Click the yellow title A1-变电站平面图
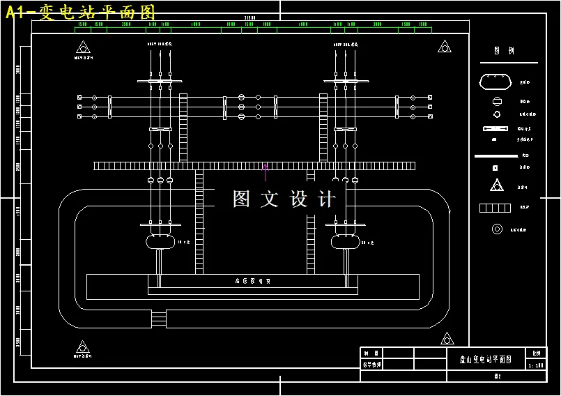click(80, 12)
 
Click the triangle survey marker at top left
click(83, 47)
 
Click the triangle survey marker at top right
click(444, 47)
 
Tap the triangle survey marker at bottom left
click(83, 347)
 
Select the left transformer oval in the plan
click(161, 241)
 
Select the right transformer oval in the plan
click(346, 241)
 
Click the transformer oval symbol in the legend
click(495, 82)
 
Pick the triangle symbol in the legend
click(496, 185)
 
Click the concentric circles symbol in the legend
click(497, 229)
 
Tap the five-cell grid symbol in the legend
click(495, 208)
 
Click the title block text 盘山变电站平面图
click(486, 359)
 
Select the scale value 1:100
click(536, 365)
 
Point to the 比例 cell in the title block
click(536, 353)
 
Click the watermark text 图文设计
click(284, 199)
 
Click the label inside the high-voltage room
click(252, 281)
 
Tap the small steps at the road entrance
click(159, 319)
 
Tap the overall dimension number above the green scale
click(249, 18)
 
